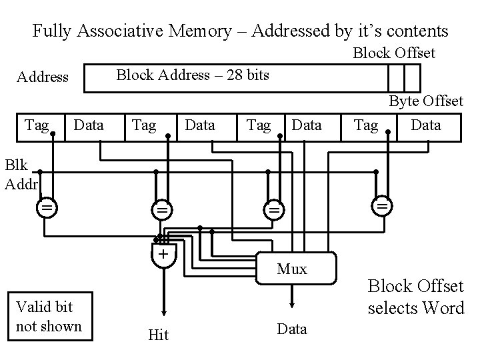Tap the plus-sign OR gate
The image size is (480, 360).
(161, 254)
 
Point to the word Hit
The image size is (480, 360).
(158, 335)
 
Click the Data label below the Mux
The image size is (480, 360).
(292, 329)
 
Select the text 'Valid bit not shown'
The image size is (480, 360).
(49, 316)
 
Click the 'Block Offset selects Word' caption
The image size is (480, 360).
(415, 297)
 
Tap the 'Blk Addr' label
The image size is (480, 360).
(21, 173)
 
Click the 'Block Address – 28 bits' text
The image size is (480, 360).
(193, 75)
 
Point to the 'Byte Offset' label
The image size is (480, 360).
(426, 101)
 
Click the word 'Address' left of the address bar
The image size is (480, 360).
(42, 77)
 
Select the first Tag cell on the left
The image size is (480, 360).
(37, 125)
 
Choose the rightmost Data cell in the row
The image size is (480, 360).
(426, 125)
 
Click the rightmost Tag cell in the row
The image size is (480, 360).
(366, 125)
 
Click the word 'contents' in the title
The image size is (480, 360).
(417, 31)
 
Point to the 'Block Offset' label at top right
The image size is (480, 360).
(393, 52)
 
